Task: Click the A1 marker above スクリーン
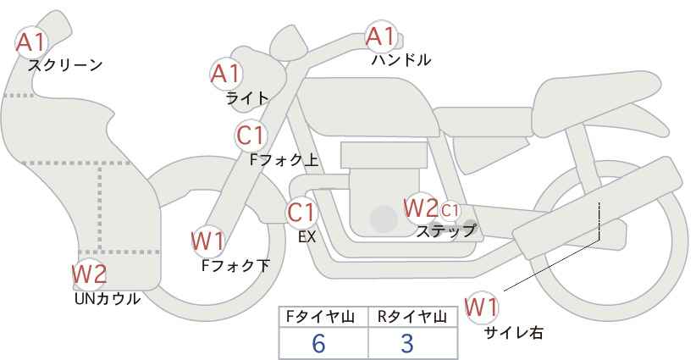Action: (31, 42)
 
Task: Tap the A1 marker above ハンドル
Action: (381, 36)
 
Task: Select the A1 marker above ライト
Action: (226, 73)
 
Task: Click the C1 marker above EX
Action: (301, 212)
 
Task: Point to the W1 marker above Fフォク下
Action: (207, 241)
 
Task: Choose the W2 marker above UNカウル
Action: (90, 274)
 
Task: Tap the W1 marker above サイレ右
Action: (482, 307)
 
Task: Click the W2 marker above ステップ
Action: (420, 208)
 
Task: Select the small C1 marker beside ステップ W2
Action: (450, 210)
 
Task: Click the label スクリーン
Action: (65, 65)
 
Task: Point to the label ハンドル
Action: (401, 59)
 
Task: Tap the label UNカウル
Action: (108, 299)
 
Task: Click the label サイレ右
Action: (514, 333)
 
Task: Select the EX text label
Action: (307, 237)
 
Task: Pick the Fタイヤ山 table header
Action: (320, 317)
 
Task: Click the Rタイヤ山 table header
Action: (412, 317)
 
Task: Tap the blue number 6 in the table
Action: (318, 343)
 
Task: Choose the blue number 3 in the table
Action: (407, 343)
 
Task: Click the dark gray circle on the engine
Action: (384, 219)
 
